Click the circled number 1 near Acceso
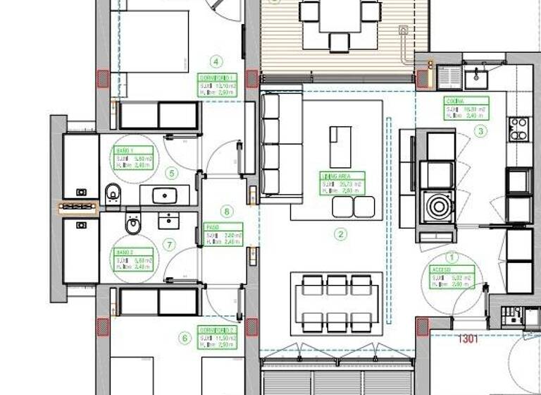point(452,258)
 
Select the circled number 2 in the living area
point(340,235)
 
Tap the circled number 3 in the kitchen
point(480,130)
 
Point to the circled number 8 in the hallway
point(226,211)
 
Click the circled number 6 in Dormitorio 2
point(185,339)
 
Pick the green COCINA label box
point(466,110)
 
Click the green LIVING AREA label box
point(342,183)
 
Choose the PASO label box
point(223,235)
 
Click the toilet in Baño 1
point(113,193)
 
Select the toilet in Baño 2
point(133,225)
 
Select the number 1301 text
point(468,339)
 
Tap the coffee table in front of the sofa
point(340,145)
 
